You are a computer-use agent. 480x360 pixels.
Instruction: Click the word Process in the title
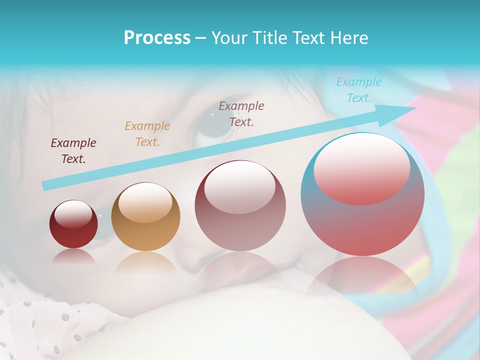[x=157, y=38]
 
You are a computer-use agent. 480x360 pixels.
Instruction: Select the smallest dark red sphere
[x=73, y=224]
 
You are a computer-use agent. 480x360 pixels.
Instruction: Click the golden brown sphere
[x=145, y=216]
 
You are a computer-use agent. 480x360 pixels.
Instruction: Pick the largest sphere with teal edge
[x=362, y=194]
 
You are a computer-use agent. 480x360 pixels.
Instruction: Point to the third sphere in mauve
[x=240, y=205]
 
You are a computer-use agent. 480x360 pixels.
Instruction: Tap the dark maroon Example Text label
[x=73, y=151]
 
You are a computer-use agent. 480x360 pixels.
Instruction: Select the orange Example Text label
[x=147, y=134]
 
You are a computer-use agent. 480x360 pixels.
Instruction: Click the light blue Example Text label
[x=359, y=90]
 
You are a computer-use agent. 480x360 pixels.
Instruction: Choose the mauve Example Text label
[x=241, y=113]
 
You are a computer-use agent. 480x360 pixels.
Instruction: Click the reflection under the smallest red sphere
[x=73, y=256]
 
